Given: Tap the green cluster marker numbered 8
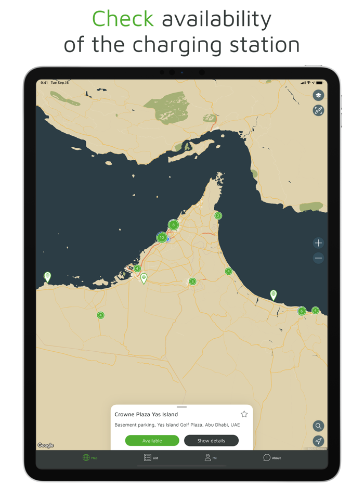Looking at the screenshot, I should tap(173, 225).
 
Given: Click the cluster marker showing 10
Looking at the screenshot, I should tap(162, 237).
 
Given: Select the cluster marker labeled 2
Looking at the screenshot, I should tap(218, 215).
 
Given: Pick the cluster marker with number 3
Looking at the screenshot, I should tap(192, 282).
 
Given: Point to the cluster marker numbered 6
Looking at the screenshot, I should tap(302, 311).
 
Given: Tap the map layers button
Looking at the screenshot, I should tap(318, 95).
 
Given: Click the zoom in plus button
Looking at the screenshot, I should tap(318, 243).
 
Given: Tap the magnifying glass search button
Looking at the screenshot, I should tap(318, 426).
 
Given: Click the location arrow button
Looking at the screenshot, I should tap(318, 441).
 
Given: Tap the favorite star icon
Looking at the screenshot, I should tap(244, 414).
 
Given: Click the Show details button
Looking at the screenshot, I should tap(211, 441).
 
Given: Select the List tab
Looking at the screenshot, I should tap(151, 457).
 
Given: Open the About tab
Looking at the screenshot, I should tap(272, 457).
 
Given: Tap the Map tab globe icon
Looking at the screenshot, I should tap(86, 457).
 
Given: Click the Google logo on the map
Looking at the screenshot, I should tap(46, 445).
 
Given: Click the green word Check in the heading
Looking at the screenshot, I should tap(123, 19).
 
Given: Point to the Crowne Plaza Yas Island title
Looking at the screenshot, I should tap(146, 415).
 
